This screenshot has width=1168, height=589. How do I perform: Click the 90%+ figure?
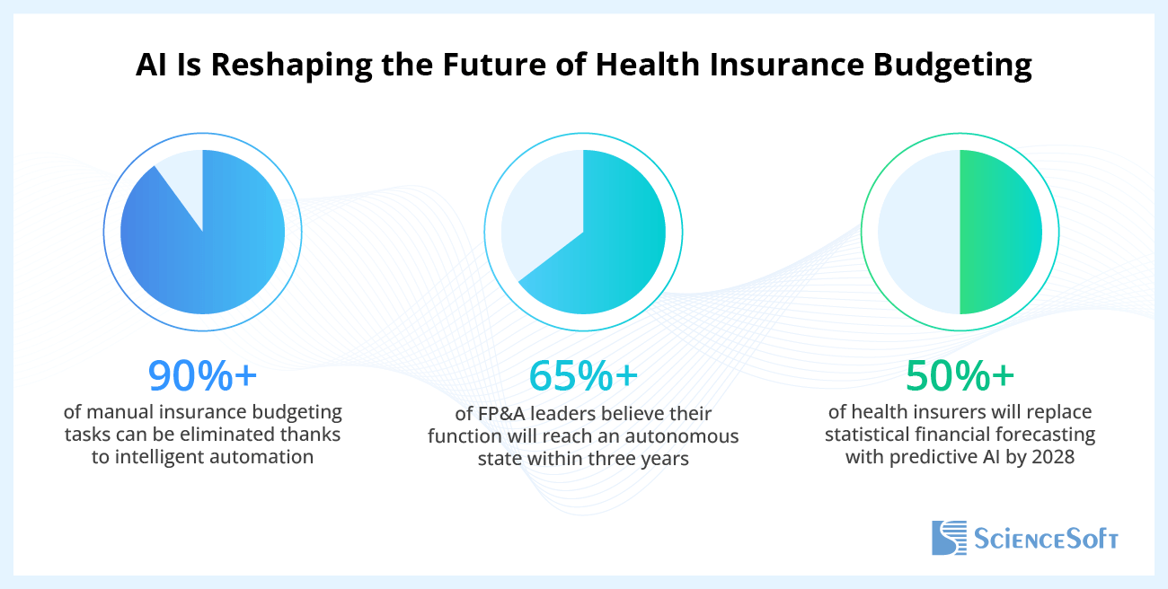[x=202, y=377]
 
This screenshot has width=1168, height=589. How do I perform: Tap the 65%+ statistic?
[x=583, y=377]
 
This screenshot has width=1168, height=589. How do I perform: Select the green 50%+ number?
[x=960, y=377]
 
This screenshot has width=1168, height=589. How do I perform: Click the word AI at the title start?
[x=149, y=66]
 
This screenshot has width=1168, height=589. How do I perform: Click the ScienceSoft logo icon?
[x=948, y=537]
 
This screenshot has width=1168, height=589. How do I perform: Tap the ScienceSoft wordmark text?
[x=1046, y=539]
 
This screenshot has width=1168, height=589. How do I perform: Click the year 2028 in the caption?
[x=1052, y=457]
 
